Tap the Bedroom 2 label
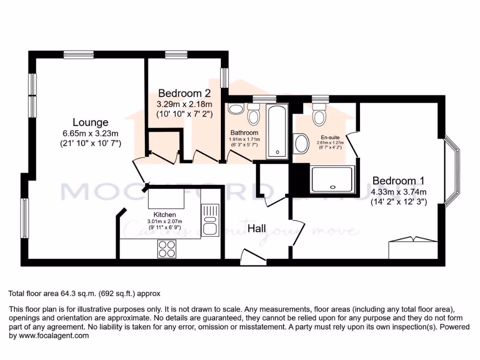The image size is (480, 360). point(184,93)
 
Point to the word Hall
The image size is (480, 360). point(257,229)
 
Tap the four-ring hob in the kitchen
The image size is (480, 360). point(167,248)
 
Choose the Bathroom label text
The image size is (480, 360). point(244,133)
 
